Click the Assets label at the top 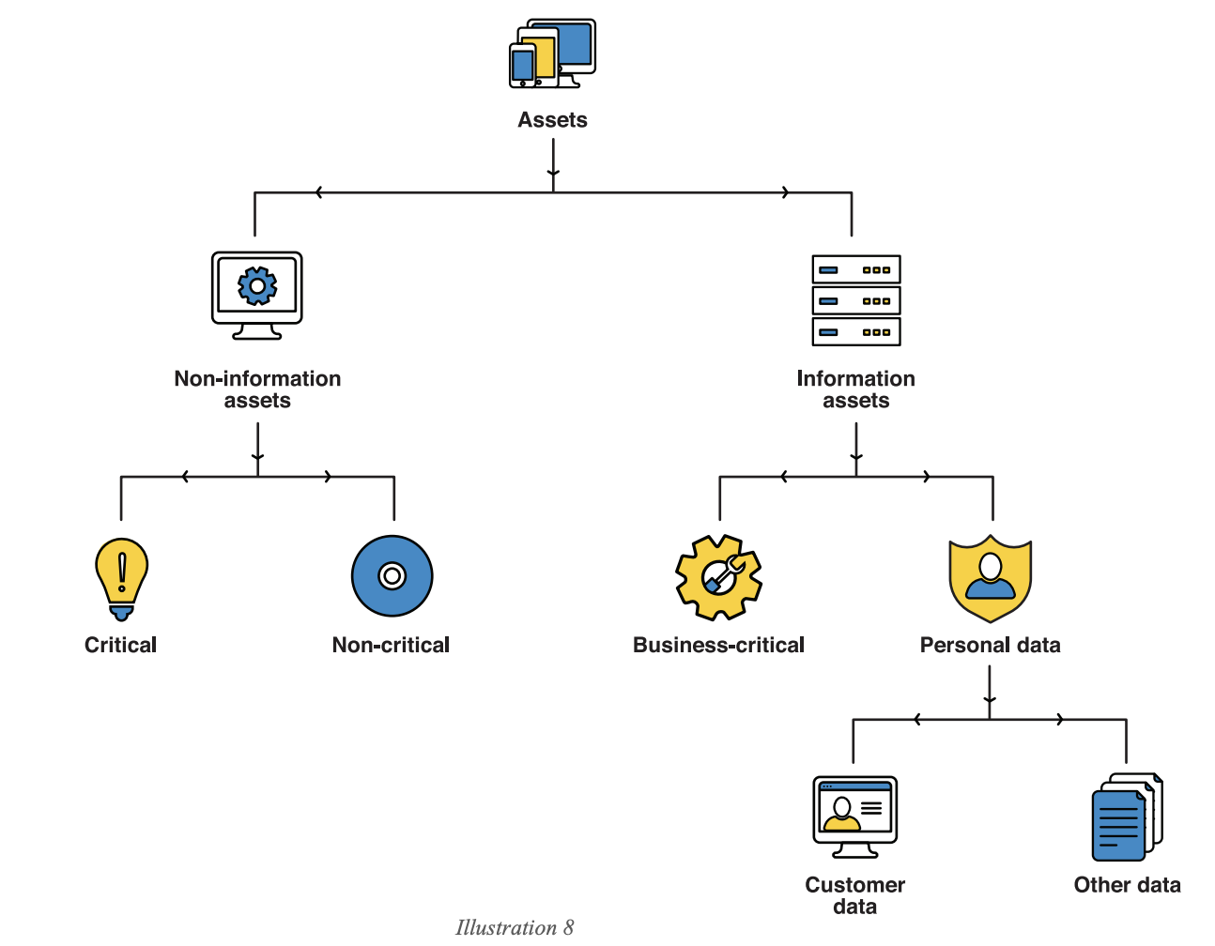(x=552, y=120)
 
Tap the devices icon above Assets (x=552, y=53)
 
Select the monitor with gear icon (x=257, y=294)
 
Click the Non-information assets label (x=257, y=389)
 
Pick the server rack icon (x=855, y=300)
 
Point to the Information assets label (x=855, y=389)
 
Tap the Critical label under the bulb (x=120, y=645)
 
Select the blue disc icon (x=392, y=575)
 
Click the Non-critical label (x=391, y=645)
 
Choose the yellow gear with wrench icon (x=718, y=577)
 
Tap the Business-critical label (x=718, y=645)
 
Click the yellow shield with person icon (x=990, y=577)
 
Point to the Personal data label (x=990, y=645)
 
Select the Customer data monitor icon (x=854, y=815)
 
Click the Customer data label (x=854, y=895)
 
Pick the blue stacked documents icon (x=1126, y=817)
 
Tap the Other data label (x=1127, y=885)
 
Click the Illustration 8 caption (x=514, y=927)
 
